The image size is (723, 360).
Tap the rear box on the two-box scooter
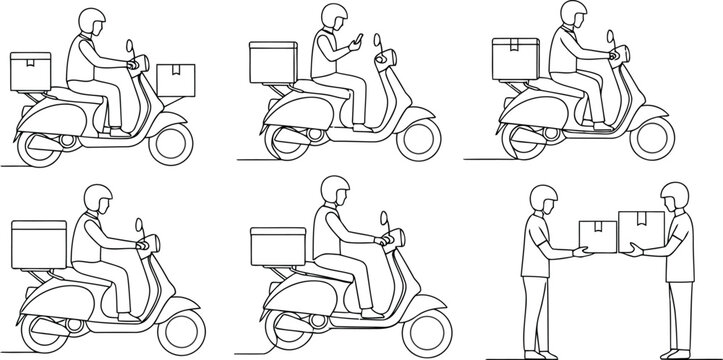(29, 69)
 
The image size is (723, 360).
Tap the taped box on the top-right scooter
(514, 58)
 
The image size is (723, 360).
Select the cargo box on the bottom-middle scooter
(274, 248)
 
